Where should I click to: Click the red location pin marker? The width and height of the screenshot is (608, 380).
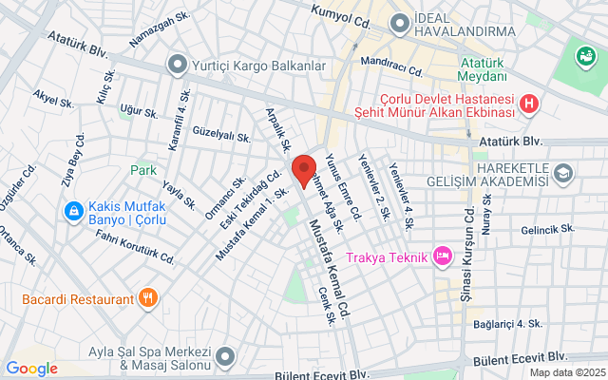point(303,170)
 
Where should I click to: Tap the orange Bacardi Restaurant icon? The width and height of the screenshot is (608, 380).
point(146,299)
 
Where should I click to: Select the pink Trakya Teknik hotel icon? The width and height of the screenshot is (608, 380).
point(442,255)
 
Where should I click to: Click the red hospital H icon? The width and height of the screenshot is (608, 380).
point(530,104)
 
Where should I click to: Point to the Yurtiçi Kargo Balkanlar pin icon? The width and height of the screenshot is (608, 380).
point(176,66)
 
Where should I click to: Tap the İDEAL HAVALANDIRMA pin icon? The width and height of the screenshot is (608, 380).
point(399,21)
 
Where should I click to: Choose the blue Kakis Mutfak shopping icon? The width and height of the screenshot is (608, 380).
point(72,210)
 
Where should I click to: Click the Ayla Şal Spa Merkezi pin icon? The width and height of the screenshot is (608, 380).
point(224,356)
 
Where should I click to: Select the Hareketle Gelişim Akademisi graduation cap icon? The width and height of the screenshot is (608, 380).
point(564,173)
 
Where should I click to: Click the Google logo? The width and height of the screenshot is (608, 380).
point(31,369)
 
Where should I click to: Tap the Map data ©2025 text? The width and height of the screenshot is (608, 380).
point(566,372)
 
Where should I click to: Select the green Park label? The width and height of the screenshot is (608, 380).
point(143,170)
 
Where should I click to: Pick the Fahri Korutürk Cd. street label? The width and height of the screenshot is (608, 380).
point(135,246)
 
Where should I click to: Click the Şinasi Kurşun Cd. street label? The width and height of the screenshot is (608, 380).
point(467,234)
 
